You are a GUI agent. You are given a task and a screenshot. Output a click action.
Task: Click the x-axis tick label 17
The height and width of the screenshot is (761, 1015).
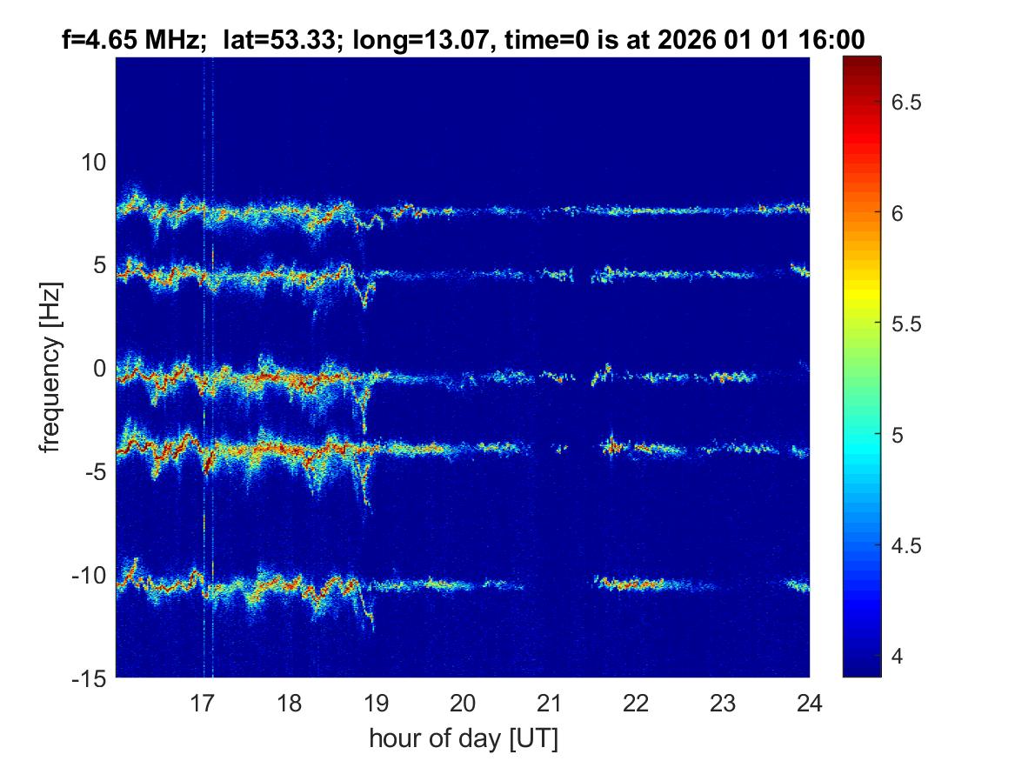[x=202, y=702]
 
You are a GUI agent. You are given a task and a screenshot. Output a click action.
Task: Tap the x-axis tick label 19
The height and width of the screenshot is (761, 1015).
[x=376, y=702]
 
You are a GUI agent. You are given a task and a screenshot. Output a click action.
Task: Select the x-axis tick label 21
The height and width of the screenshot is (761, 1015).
[x=550, y=702]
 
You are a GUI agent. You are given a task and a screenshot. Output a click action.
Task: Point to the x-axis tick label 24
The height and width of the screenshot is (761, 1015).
[x=810, y=702]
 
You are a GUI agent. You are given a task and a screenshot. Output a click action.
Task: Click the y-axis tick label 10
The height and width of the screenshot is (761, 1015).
[x=92, y=162]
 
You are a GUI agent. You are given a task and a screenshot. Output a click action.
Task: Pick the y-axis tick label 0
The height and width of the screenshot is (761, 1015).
[x=99, y=369]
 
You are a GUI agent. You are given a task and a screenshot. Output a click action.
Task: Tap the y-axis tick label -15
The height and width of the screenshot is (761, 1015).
[x=87, y=678]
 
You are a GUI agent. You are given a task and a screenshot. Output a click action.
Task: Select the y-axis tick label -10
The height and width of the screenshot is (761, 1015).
[x=87, y=576]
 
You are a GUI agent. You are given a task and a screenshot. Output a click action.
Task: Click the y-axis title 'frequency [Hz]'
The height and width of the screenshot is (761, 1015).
[x=51, y=368]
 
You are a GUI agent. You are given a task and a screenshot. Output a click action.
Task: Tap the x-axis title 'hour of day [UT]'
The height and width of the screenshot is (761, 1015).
[x=463, y=739]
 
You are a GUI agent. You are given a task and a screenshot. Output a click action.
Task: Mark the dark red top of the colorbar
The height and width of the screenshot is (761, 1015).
[x=862, y=61]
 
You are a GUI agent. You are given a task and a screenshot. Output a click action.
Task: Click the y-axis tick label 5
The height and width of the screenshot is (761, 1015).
[x=99, y=265]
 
